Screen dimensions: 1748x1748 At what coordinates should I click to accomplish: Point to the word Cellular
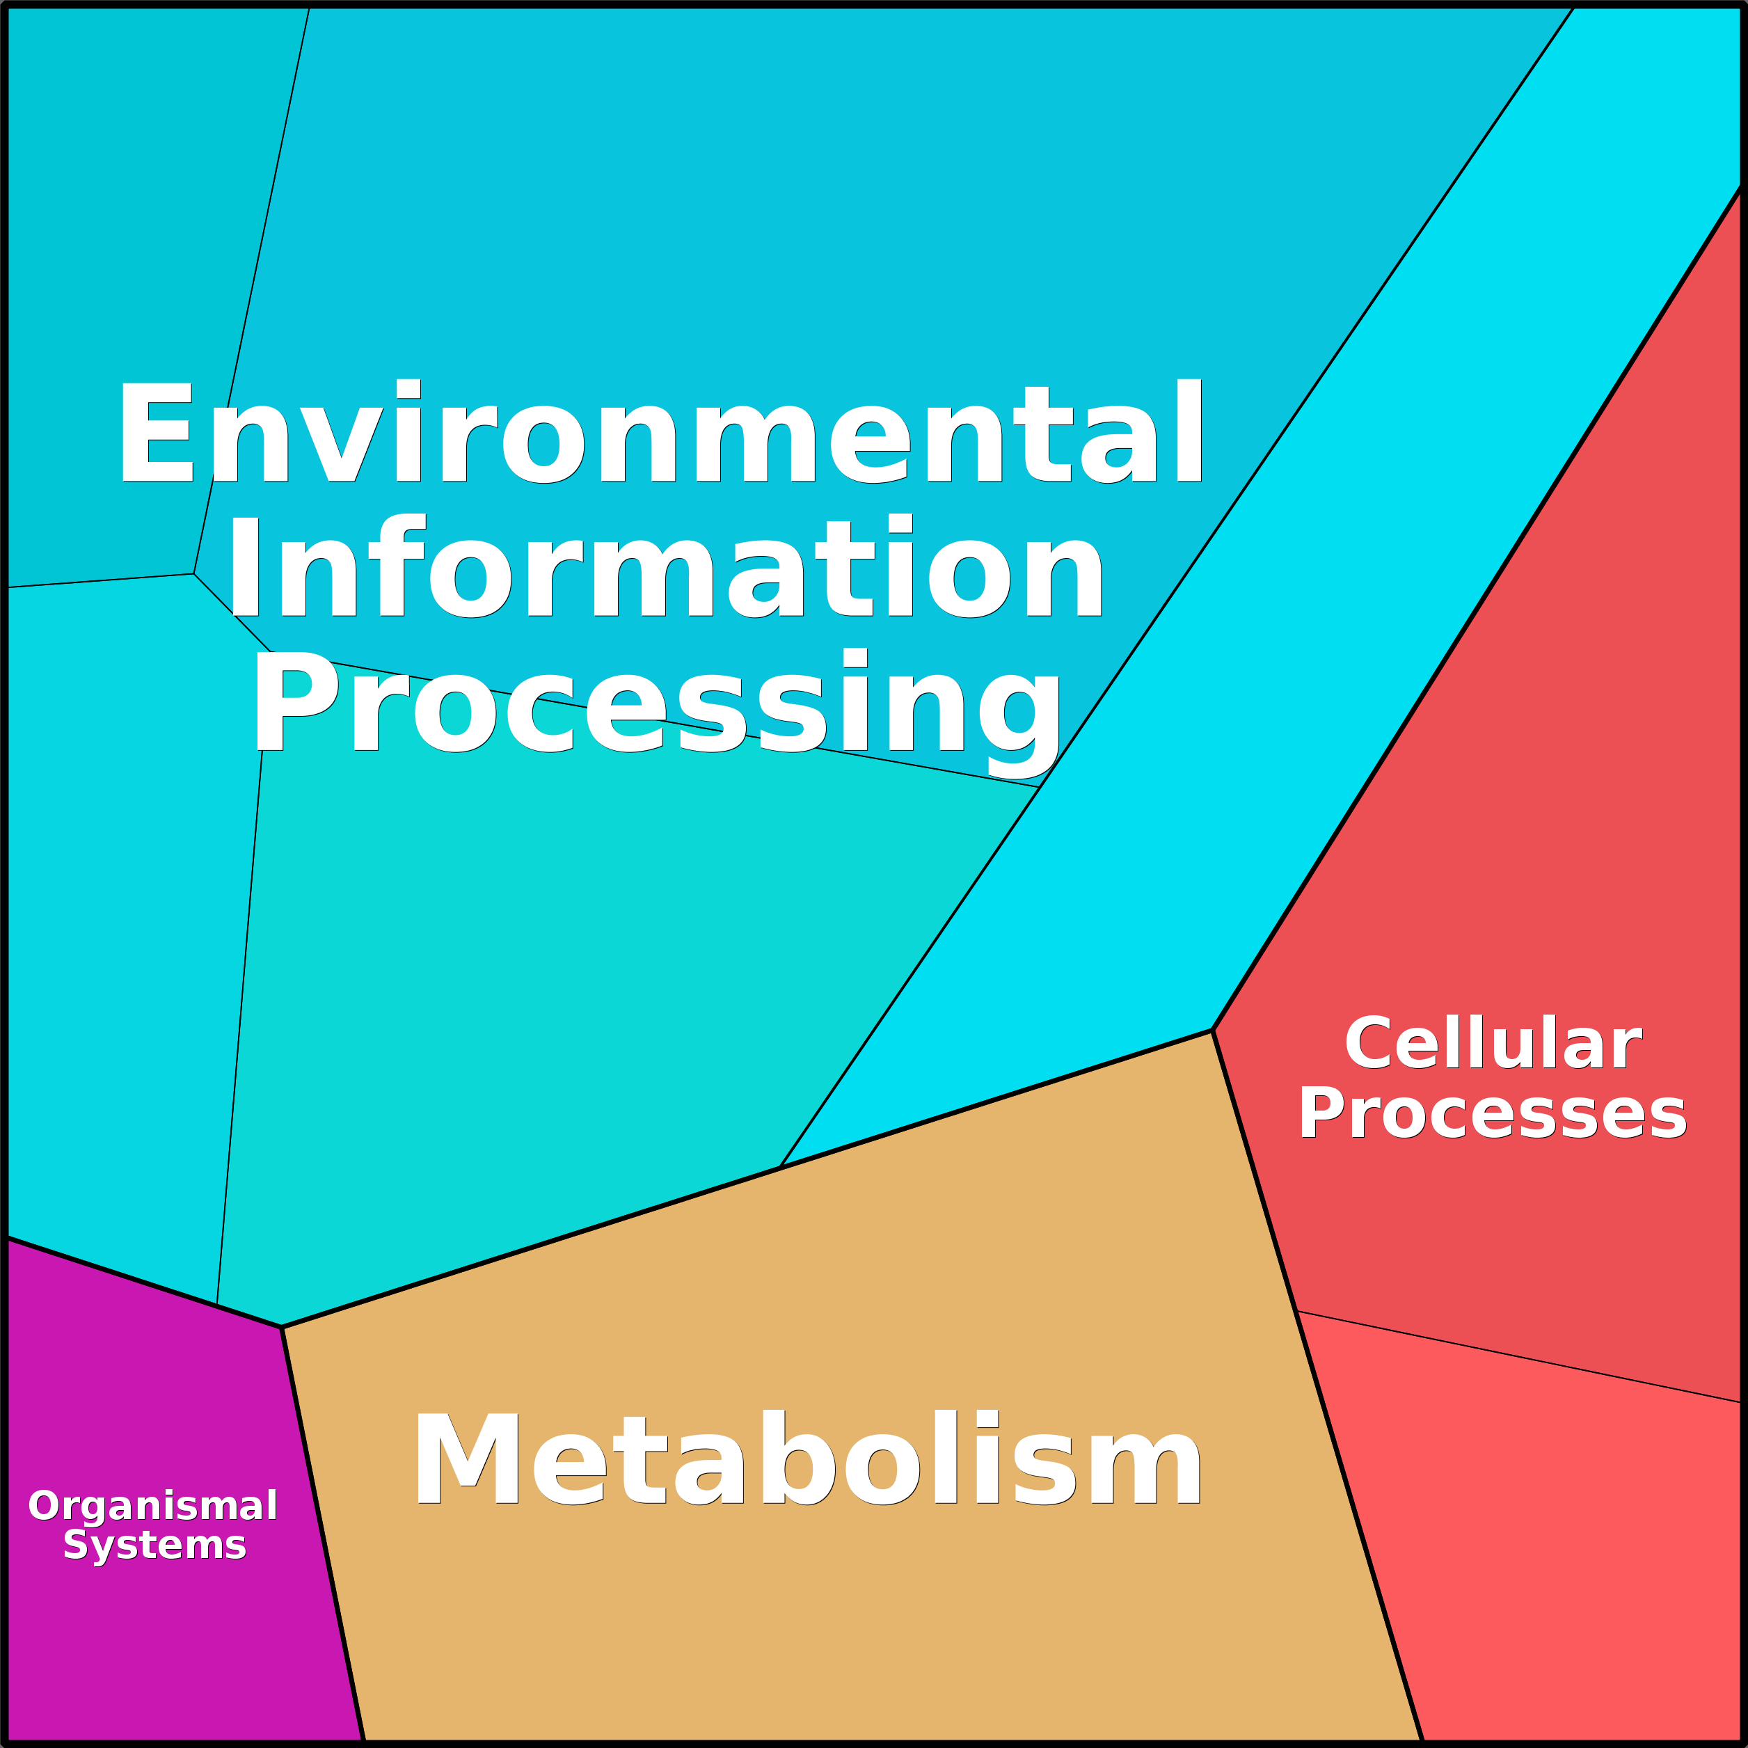coord(1492,1043)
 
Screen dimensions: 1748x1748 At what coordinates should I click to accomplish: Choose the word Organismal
coord(153,1506)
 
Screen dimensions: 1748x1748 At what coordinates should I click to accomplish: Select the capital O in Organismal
coord(42,1506)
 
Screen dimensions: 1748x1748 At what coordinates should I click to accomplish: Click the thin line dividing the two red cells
coord(1520,1357)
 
